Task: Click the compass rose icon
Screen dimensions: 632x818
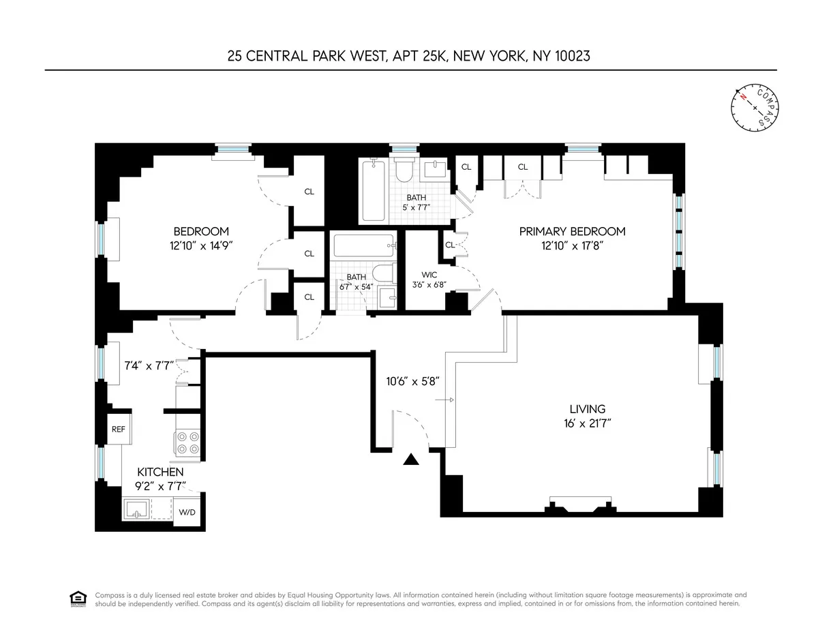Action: pyautogui.click(x=755, y=108)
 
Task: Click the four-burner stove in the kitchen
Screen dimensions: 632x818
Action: pyautogui.click(x=187, y=443)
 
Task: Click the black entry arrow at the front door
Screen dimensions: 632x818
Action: pyautogui.click(x=410, y=460)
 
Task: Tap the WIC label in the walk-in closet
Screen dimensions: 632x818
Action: pyautogui.click(x=429, y=275)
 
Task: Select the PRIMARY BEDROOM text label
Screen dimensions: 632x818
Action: pyautogui.click(x=572, y=231)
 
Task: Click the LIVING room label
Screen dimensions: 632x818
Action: pyautogui.click(x=587, y=409)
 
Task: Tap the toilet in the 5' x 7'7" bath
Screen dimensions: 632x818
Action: pyautogui.click(x=403, y=170)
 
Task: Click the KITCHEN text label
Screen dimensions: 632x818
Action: pyautogui.click(x=160, y=472)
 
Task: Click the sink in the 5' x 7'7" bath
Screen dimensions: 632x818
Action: pyautogui.click(x=434, y=170)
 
